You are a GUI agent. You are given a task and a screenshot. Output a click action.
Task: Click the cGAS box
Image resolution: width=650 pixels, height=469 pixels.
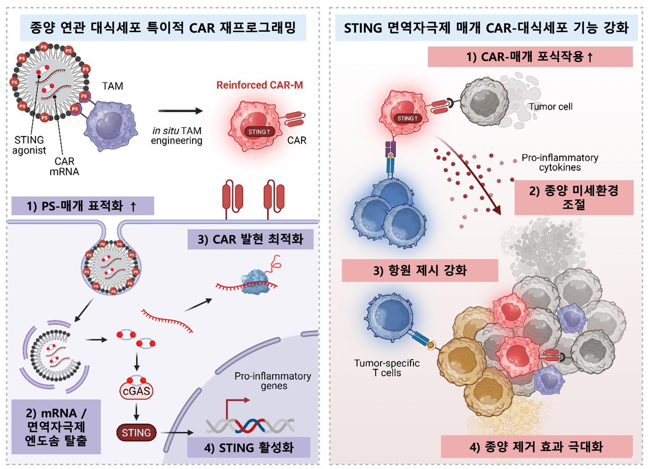tap(136, 391)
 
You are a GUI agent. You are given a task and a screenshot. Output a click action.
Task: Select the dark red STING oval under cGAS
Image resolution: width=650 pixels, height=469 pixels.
tap(136, 433)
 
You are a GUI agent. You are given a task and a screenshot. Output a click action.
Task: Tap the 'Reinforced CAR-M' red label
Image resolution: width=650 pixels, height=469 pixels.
tap(260, 85)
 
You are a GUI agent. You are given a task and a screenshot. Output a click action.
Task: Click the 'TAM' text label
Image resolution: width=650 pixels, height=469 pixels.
tap(113, 86)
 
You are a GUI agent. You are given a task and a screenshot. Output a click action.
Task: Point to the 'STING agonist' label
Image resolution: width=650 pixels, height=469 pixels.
tap(29, 145)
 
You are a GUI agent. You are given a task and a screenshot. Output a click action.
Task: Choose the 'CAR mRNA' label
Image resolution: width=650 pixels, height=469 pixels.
tap(64, 167)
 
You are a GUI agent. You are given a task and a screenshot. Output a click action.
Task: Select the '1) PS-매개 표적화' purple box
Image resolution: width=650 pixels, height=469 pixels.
tap(82, 206)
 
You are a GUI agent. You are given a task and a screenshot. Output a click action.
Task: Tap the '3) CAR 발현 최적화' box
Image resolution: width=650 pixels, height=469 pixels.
tap(250, 239)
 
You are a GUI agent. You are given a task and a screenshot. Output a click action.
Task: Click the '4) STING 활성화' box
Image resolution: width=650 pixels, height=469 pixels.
tap(249, 447)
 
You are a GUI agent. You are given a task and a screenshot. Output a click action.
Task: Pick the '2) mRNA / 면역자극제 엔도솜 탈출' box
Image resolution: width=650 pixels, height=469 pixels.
tap(56, 427)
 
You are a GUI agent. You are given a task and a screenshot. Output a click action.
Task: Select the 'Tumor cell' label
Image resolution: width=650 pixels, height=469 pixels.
tap(550, 107)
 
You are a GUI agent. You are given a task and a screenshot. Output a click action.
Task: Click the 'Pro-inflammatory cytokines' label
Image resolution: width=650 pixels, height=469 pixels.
tap(560, 163)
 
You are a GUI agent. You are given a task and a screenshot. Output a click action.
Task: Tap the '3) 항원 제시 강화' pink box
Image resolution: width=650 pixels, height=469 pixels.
tap(420, 270)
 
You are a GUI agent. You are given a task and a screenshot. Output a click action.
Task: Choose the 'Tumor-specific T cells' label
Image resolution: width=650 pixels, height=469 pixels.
tap(386, 368)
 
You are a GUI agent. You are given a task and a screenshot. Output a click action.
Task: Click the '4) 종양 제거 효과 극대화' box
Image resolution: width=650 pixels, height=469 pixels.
tap(536, 447)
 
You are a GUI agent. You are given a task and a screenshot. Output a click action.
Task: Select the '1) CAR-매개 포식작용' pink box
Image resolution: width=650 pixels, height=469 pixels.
tap(530, 56)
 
